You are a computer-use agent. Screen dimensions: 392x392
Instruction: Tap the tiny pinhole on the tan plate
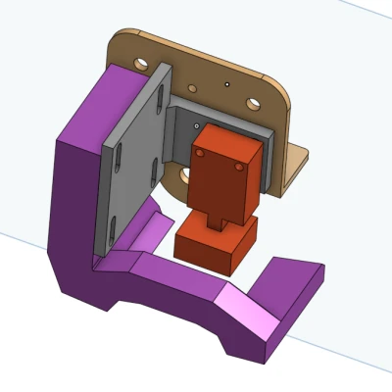(226, 85)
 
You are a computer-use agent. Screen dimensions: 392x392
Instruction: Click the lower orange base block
(211, 248)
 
